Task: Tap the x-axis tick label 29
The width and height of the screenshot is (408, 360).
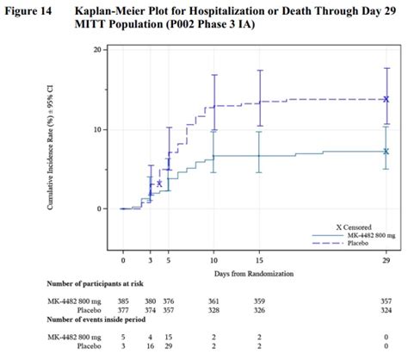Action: click(x=386, y=258)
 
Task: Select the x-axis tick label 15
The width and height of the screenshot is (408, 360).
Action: click(x=260, y=258)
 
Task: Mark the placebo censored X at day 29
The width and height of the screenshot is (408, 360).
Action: click(x=386, y=99)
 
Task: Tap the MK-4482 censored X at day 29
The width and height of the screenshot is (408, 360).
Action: click(x=386, y=151)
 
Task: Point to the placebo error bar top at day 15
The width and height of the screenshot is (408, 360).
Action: click(x=260, y=71)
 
